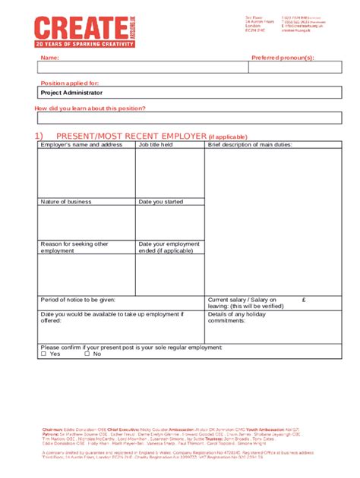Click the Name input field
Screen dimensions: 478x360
click(137, 68)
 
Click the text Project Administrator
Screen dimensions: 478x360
click(71, 93)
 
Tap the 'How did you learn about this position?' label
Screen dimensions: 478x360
click(90, 108)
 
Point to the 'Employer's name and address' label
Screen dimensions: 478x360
click(81, 144)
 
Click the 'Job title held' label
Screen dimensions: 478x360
click(156, 144)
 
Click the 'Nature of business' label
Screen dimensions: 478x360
click(66, 202)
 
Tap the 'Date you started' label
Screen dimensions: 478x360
click(161, 202)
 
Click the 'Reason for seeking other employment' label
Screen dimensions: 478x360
click(74, 247)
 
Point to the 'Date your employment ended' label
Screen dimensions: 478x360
click(169, 247)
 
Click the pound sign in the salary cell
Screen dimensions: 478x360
click(303, 299)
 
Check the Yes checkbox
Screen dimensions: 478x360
click(44, 354)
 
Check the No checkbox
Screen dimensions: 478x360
click(87, 354)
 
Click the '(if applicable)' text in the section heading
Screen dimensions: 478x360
click(234, 137)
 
